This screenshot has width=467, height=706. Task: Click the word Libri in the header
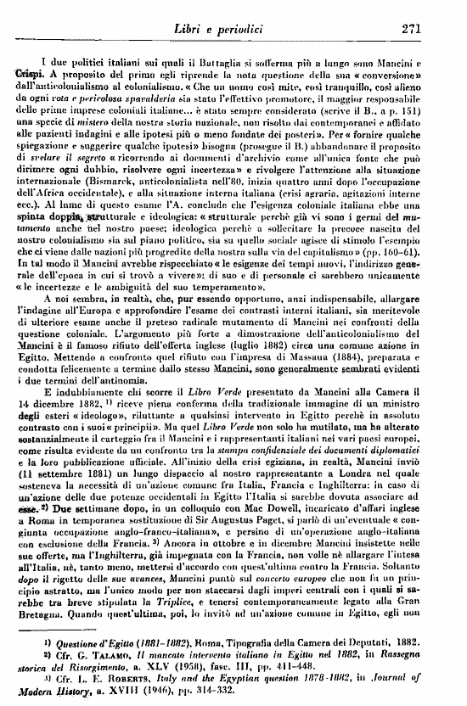point(211,25)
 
